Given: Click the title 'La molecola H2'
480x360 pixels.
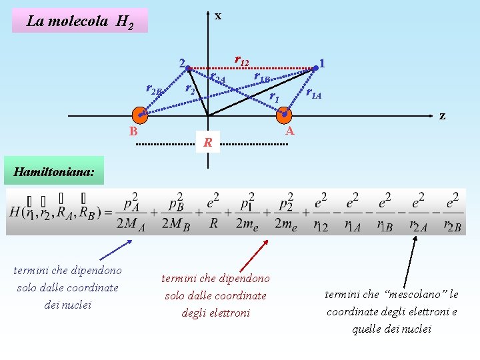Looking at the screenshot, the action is (x=80, y=21).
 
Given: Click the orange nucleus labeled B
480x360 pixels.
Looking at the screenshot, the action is (x=138, y=115).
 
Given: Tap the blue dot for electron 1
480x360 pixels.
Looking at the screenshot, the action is (x=316, y=67).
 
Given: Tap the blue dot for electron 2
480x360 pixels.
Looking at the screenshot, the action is (x=189, y=68).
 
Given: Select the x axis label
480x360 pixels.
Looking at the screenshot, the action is (x=217, y=15).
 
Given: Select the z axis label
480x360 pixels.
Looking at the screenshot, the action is (x=442, y=115).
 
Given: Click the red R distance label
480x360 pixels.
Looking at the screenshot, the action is (x=208, y=142).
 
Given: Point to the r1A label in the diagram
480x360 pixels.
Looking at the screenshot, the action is (x=313, y=93).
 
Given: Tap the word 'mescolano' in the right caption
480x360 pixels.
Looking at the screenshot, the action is (x=415, y=294).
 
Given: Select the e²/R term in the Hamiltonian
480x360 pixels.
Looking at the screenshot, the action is (x=213, y=212).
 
